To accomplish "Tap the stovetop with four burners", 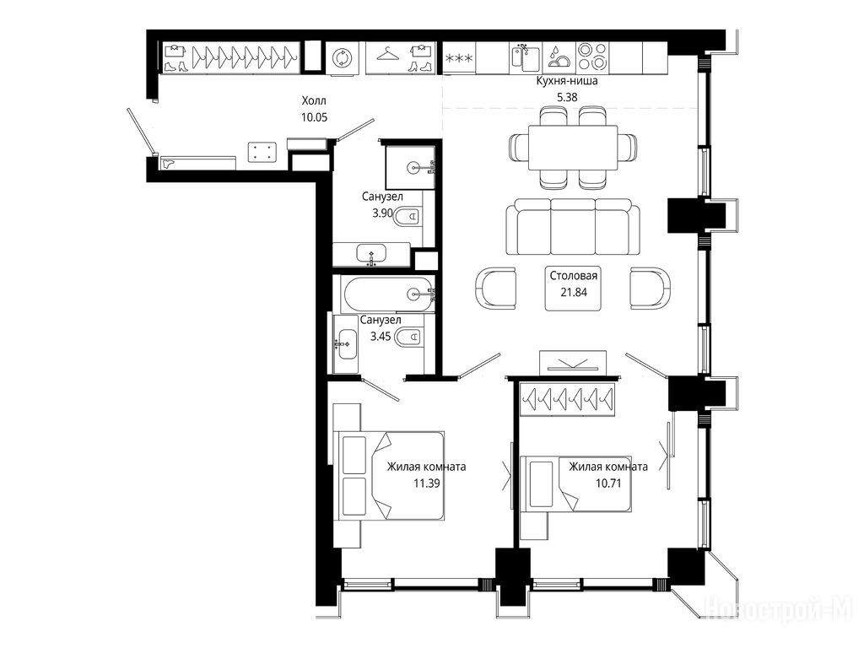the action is (x=592, y=57).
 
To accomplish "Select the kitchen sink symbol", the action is (x=526, y=57).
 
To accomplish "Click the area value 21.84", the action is (x=574, y=292).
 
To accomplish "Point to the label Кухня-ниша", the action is (x=567, y=81).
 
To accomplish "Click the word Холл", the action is (x=314, y=101).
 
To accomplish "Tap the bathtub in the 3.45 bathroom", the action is (x=387, y=294).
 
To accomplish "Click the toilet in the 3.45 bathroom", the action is (x=409, y=336).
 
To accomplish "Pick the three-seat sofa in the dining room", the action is (x=573, y=226).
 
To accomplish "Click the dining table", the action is (x=573, y=148).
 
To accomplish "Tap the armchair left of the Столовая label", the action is (x=495, y=287).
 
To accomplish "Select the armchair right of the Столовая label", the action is (x=651, y=287).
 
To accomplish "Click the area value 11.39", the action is (x=427, y=483).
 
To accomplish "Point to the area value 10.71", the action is (x=608, y=483).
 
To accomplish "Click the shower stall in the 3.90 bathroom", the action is (x=411, y=166).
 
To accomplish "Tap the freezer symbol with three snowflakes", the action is (x=459, y=57).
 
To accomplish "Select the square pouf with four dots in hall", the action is (x=262, y=152).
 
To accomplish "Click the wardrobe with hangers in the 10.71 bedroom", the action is (x=568, y=397).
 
